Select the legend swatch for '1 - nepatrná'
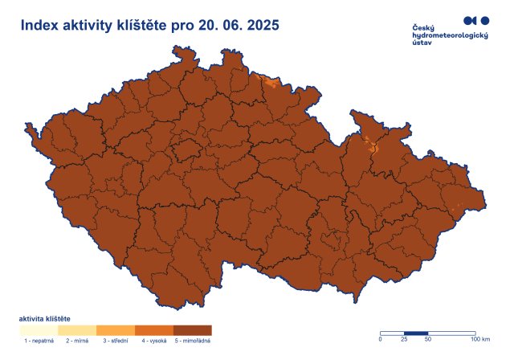(39, 330)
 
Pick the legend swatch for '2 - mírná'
(77, 330)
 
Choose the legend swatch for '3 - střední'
(116, 330)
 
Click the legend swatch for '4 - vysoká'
(154, 330)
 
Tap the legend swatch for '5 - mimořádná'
(193, 330)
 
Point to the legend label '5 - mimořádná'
(194, 342)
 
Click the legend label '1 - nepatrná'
(39, 342)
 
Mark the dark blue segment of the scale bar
(416, 333)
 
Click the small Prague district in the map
(186, 149)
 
